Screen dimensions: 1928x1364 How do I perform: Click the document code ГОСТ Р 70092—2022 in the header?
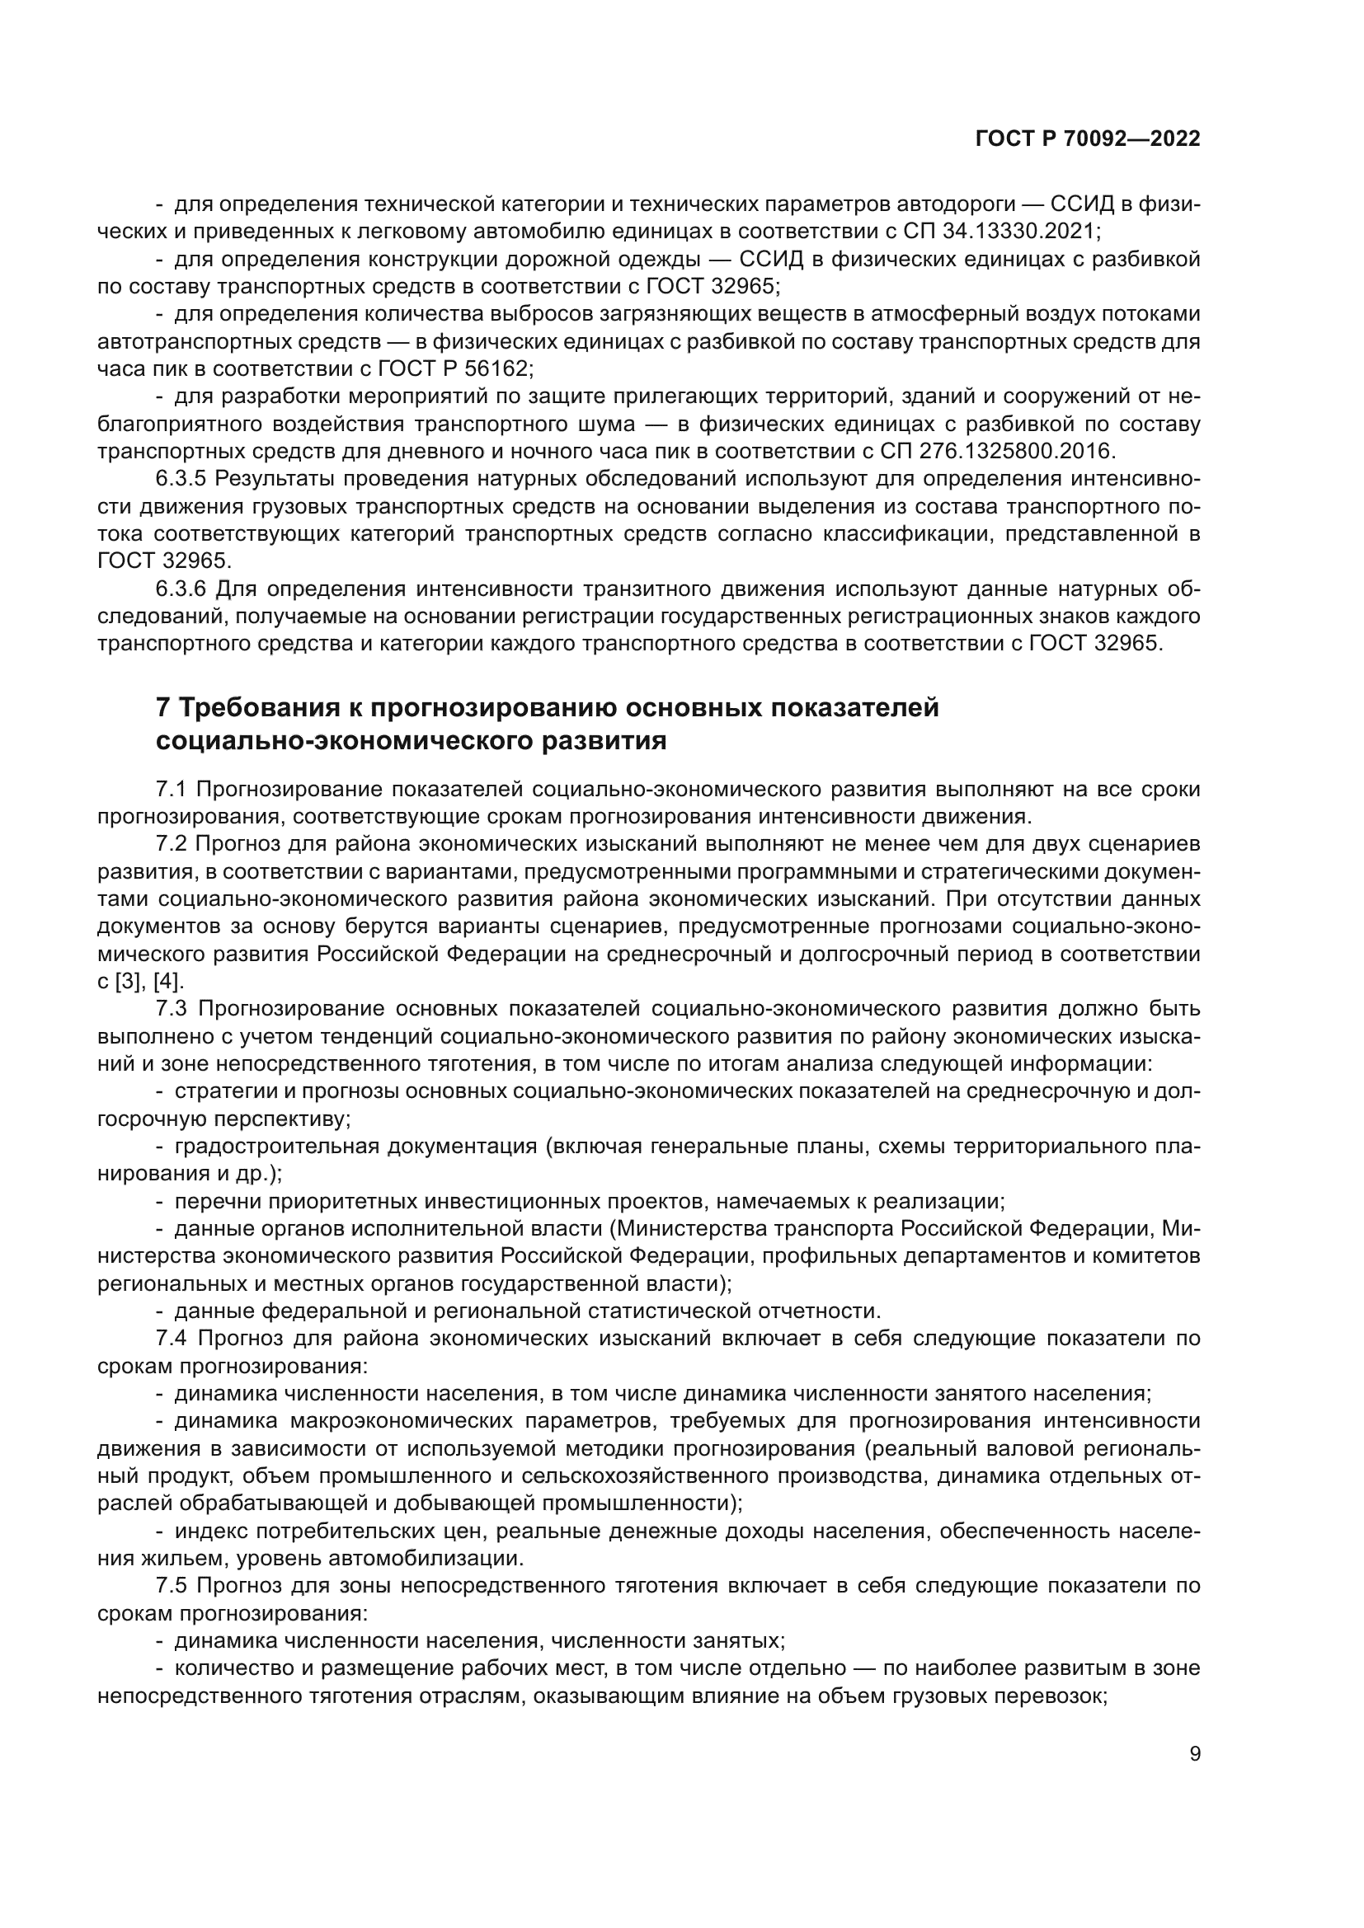(x=1087, y=139)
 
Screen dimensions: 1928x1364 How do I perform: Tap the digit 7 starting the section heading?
(x=164, y=708)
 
